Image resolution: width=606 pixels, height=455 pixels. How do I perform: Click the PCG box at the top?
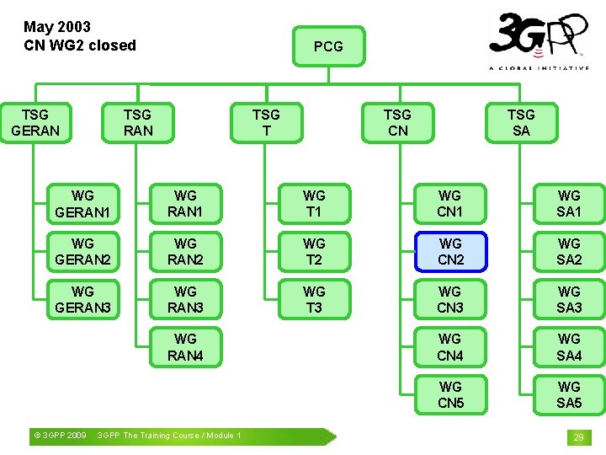[328, 46]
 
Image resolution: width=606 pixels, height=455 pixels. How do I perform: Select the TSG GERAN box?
[35, 122]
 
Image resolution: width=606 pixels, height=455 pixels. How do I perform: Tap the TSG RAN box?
[137, 122]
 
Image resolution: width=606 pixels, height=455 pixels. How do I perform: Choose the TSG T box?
[266, 122]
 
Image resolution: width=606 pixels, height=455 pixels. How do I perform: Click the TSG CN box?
[397, 122]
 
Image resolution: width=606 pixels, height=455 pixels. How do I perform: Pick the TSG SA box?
[521, 122]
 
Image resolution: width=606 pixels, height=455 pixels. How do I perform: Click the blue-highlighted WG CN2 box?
[450, 251]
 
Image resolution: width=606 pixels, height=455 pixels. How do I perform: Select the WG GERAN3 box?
[82, 299]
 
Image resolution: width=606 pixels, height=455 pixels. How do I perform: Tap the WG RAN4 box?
[185, 347]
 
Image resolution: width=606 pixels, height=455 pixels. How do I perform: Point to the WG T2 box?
[314, 251]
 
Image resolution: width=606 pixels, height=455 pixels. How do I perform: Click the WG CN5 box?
[450, 394]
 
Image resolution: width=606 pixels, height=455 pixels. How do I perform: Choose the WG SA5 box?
[569, 394]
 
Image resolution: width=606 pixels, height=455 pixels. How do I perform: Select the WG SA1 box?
[569, 204]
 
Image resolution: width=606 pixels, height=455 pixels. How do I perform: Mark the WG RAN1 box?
[185, 204]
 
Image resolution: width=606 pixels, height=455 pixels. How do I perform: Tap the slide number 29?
[578, 437]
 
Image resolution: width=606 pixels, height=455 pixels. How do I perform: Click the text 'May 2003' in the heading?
[57, 27]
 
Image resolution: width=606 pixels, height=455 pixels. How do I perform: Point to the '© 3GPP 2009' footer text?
[58, 436]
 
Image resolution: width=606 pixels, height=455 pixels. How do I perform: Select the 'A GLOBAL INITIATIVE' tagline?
[539, 68]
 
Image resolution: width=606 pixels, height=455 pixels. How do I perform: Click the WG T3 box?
[314, 299]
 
